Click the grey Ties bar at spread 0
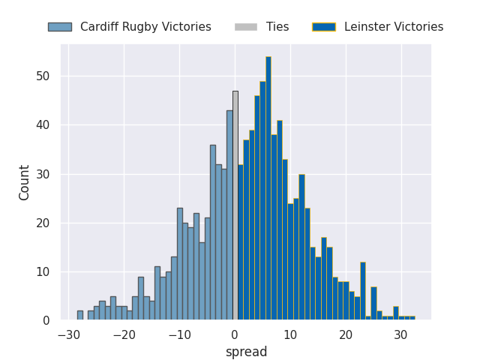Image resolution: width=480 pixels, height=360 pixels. (235, 206)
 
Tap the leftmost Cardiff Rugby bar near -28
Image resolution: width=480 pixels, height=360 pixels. (79, 316)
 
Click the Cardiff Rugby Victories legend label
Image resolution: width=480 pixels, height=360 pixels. (145, 27)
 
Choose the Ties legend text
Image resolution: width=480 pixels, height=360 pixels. (277, 27)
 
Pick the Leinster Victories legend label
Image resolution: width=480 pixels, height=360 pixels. (394, 27)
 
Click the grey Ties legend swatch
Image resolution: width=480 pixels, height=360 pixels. (246, 27)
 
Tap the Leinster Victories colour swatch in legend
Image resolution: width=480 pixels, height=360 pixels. (324, 27)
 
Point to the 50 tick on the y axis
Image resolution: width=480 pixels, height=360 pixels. (44, 76)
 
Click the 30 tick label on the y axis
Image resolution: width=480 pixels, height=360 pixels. (44, 174)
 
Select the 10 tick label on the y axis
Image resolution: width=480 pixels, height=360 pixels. (44, 271)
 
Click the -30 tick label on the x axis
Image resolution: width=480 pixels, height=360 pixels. (69, 334)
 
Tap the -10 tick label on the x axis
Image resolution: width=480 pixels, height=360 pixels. (179, 334)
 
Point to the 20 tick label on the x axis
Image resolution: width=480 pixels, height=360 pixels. (346, 334)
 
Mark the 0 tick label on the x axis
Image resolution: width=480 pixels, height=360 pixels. (235, 334)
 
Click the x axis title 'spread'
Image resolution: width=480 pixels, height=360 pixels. (246, 352)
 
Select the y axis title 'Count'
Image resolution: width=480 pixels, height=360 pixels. (25, 182)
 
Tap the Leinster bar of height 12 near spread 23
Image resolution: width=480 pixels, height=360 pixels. (362, 292)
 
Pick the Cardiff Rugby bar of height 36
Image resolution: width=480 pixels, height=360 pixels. (213, 233)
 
